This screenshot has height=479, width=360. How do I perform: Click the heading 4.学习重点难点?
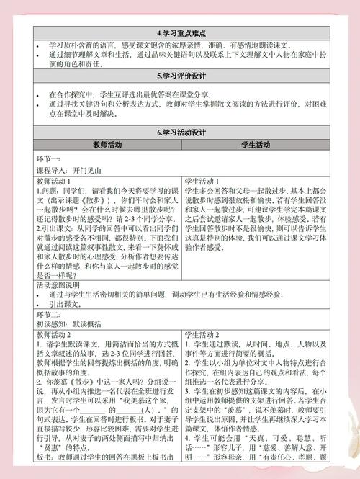click(180, 34)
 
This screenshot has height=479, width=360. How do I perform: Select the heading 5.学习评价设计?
click(180, 75)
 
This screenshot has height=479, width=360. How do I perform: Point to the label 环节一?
click(48, 158)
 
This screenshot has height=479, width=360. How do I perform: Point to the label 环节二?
click(49, 315)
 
